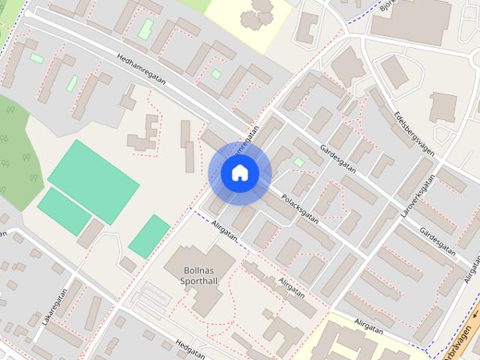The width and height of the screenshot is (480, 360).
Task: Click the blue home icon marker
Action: coord(240,173)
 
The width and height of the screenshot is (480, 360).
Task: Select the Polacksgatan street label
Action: coord(300,205)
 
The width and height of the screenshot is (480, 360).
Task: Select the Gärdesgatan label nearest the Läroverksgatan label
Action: coord(438,238)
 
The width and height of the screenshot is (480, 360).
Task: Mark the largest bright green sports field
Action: coord(94,181)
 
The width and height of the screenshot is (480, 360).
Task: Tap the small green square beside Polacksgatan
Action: coord(299,162)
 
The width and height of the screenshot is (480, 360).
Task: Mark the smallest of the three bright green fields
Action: coord(149,235)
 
